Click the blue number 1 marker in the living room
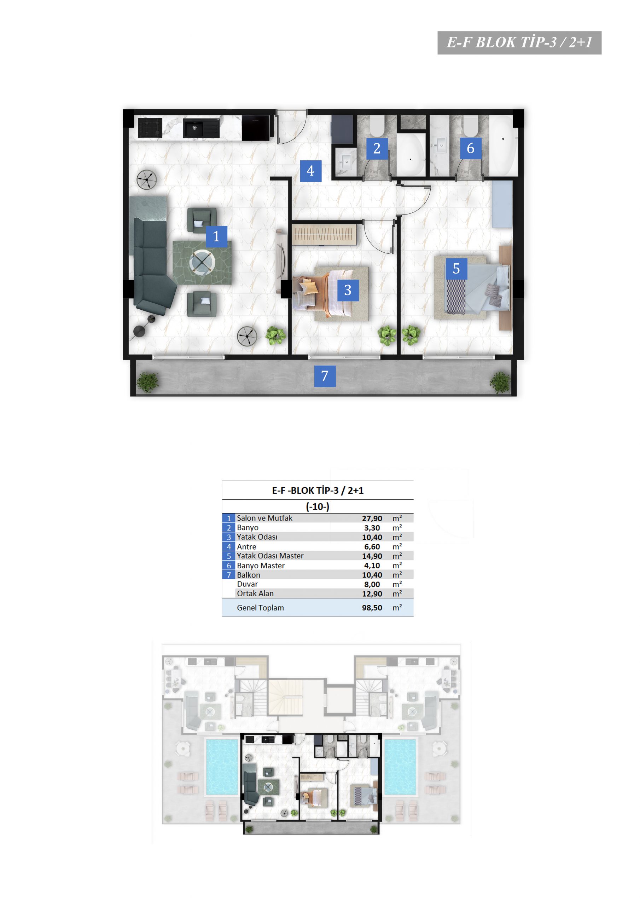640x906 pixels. pos(216,236)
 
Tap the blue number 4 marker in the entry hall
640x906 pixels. pos(310,171)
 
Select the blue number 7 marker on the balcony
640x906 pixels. pos(325,376)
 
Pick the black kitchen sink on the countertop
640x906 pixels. pos(201,128)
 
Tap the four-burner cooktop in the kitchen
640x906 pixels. pos(150,127)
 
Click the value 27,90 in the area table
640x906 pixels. pos(372,518)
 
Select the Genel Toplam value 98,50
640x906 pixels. pos(372,608)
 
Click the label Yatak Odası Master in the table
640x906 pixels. pos(270,556)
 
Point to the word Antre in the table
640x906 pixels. pos(246,546)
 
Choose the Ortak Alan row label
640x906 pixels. pos(255,593)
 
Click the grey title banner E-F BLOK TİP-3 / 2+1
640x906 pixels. pos(519,42)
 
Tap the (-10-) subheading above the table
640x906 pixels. pos(318,506)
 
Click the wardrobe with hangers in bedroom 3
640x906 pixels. pos(324,234)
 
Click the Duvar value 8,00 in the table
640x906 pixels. pos(372,584)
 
